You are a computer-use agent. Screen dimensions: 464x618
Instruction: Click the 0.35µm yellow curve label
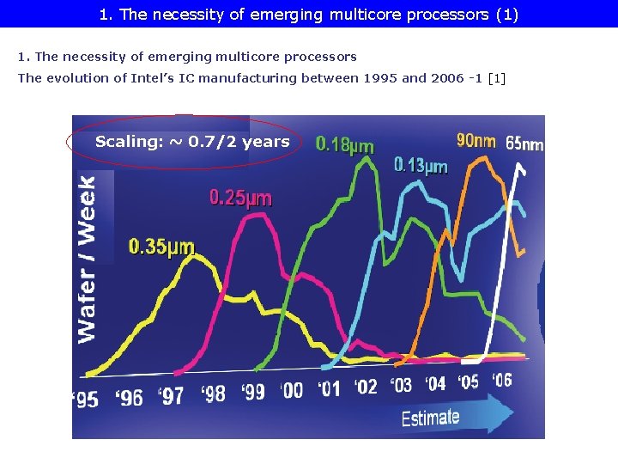coord(161,248)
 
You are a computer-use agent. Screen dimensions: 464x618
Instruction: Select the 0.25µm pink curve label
coord(240,198)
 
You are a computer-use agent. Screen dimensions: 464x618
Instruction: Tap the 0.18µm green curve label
coord(345,145)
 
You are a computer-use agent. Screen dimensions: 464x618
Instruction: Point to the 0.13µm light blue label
coord(421,166)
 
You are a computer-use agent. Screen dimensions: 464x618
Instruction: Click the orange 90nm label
coord(476,140)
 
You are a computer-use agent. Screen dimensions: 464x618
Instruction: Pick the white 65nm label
coord(524,144)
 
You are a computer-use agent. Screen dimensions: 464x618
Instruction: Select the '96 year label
coord(130,397)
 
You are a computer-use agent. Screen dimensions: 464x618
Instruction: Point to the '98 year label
coord(213,394)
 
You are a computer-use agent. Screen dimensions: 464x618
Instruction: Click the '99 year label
coord(253,392)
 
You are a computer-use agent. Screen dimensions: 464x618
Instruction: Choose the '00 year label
coord(292,390)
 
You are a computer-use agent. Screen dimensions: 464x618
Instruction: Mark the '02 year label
coord(366,387)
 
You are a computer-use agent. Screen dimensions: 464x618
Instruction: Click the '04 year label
coord(436,383)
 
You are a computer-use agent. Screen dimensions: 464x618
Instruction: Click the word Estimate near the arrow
coord(430,418)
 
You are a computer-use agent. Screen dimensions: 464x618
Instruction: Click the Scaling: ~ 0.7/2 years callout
coord(192,142)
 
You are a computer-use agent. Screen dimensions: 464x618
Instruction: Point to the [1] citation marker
coord(496,78)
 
